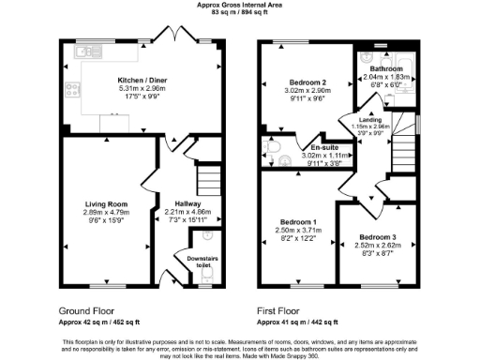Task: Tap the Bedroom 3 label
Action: pyautogui.click(x=377, y=237)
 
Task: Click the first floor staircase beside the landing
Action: pyautogui.click(x=406, y=150)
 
